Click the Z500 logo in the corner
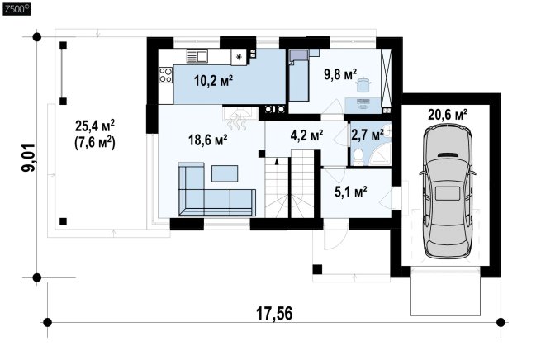coord(17,9)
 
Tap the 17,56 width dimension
coord(274,314)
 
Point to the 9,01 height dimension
coord(28,157)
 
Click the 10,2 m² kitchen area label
coord(213,81)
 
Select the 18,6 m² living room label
coord(207,140)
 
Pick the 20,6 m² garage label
coord(448,114)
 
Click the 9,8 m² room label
coord(339,74)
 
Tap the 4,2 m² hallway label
coord(306,135)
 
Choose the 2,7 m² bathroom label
coord(368,135)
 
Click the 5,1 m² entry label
coord(350,192)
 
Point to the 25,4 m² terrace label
coord(95,126)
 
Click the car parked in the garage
coord(448,192)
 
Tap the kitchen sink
coord(197,56)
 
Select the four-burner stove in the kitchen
coord(166,75)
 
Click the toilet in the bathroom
coord(358,157)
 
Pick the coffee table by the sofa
coord(225,173)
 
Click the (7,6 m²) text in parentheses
coord(95,142)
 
